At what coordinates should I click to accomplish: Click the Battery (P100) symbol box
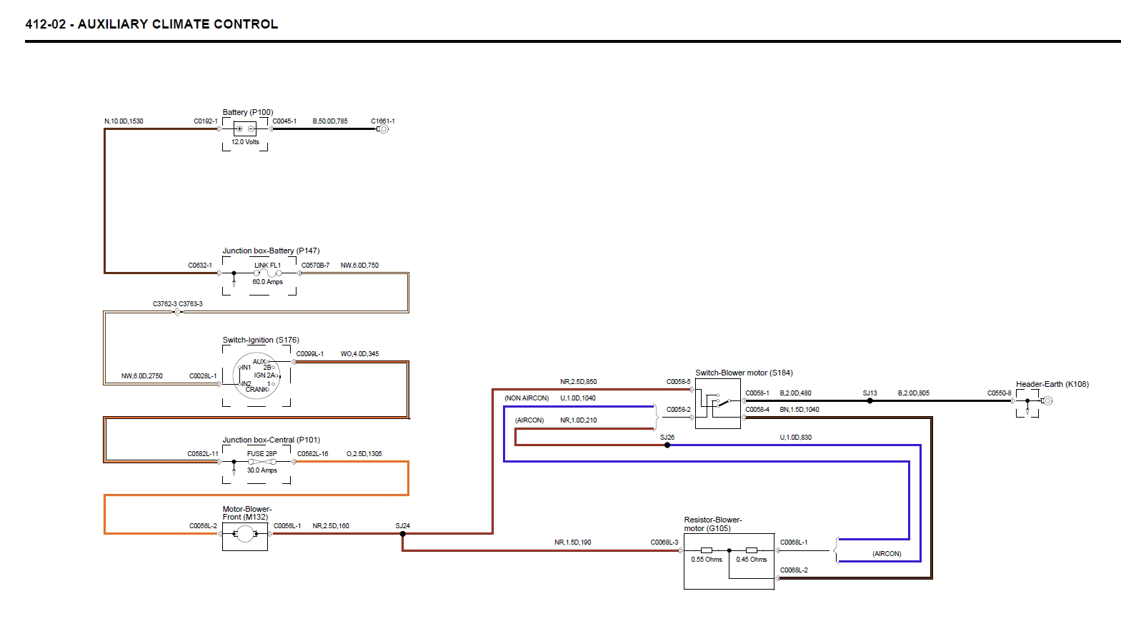tap(245, 129)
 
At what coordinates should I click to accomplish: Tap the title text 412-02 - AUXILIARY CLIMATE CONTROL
tap(151, 24)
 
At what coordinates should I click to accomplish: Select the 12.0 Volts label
tap(245, 142)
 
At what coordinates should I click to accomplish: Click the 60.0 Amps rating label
tap(267, 282)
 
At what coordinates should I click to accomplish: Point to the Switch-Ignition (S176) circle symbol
tap(256, 375)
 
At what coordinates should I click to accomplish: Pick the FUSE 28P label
tap(261, 453)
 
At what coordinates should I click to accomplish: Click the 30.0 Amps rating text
tap(261, 470)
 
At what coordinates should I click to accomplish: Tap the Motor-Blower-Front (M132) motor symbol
tap(245, 535)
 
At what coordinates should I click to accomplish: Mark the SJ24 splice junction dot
tap(403, 533)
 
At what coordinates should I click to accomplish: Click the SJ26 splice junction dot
tap(667, 445)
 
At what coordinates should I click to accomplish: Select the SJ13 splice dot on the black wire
tap(870, 400)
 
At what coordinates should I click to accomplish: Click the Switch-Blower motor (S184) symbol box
tap(717, 403)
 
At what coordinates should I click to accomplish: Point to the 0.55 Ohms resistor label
tap(707, 560)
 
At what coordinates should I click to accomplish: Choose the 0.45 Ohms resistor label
tap(752, 560)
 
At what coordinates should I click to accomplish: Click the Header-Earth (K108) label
tap(1052, 384)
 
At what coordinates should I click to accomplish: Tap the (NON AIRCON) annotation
tap(527, 398)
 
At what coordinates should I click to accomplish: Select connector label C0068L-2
tap(794, 570)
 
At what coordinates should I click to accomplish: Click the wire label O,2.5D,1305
tap(364, 454)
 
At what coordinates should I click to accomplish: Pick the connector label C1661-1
tap(383, 121)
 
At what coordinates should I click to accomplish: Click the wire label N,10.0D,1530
tap(124, 121)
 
